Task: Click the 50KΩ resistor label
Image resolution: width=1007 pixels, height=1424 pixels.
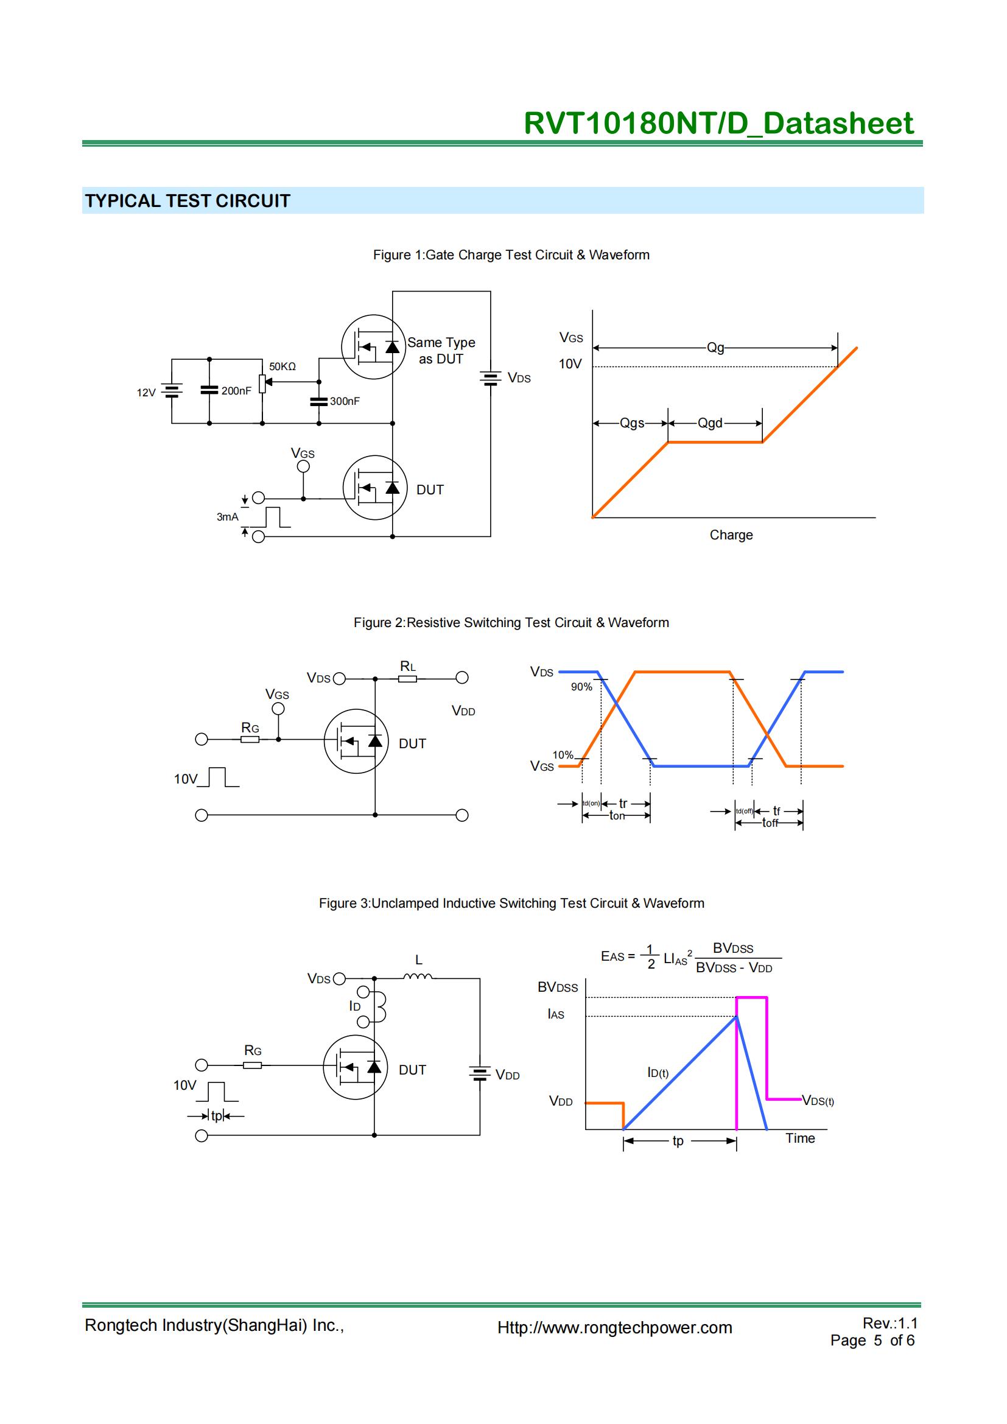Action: click(x=282, y=367)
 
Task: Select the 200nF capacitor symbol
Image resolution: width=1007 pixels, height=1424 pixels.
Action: click(x=209, y=390)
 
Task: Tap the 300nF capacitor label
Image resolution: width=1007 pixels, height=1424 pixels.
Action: click(x=345, y=401)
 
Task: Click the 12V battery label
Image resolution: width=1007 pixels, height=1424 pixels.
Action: click(x=146, y=393)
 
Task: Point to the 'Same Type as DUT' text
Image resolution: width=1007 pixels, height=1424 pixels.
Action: click(x=441, y=351)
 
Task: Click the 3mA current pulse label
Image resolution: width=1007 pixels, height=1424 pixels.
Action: click(x=227, y=517)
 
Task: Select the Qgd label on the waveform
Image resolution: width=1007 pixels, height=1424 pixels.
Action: click(x=710, y=423)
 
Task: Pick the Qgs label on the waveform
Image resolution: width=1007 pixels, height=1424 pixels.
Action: click(x=632, y=423)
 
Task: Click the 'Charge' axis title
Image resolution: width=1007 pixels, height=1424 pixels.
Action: click(x=731, y=535)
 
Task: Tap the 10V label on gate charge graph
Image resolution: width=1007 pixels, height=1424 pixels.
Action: click(x=570, y=364)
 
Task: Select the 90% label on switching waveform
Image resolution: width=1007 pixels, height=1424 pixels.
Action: click(x=581, y=687)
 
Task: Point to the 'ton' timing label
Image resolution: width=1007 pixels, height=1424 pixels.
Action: click(x=617, y=816)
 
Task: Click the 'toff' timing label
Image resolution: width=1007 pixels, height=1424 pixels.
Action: click(x=770, y=823)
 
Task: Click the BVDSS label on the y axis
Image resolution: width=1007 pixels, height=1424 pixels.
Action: click(x=558, y=987)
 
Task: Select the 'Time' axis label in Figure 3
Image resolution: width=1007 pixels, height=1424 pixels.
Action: click(x=800, y=1138)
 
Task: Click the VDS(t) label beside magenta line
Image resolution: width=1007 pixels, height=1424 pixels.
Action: click(x=818, y=1101)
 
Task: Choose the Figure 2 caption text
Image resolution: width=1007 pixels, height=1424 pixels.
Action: click(x=511, y=623)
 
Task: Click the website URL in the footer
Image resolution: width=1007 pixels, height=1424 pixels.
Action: click(x=614, y=1327)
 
